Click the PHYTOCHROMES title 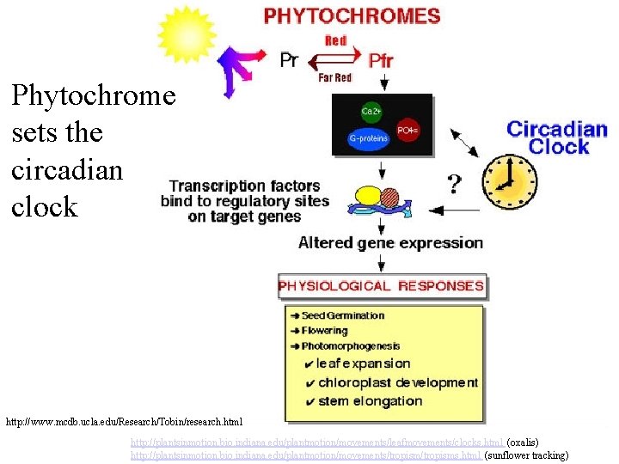click(352, 15)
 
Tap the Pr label click(290, 60)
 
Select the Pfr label click(381, 61)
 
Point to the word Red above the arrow click(335, 40)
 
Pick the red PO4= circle click(407, 131)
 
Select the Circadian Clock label click(557, 137)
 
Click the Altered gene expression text click(390, 243)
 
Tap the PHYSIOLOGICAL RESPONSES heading click(381, 286)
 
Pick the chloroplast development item click(396, 382)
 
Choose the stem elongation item click(369, 400)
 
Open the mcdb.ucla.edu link click(125, 422)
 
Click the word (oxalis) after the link click(522, 442)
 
